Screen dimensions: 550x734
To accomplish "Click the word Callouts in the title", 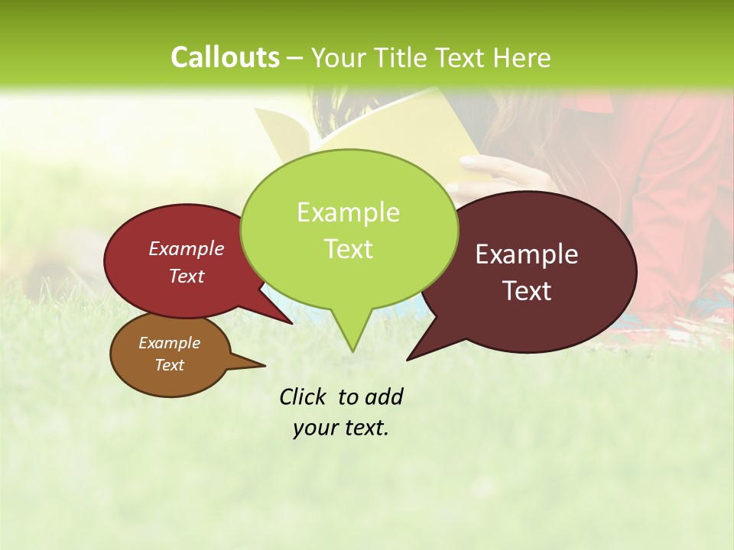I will click(225, 57).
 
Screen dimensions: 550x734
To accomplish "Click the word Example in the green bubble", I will click(348, 212).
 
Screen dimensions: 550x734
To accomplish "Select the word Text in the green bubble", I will click(348, 248).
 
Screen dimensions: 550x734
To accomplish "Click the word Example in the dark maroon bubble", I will click(527, 254).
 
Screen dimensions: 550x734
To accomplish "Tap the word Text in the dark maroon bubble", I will click(527, 291).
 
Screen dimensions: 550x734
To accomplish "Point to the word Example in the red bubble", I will click(187, 248).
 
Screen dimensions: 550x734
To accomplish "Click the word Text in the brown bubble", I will click(169, 365).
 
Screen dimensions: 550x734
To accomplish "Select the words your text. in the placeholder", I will click(341, 428).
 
